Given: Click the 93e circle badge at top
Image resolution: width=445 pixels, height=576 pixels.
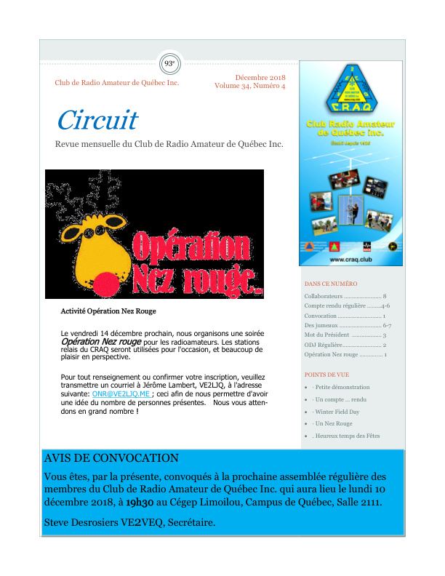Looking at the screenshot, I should pyautogui.click(x=170, y=64).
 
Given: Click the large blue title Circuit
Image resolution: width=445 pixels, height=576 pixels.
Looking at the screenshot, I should pyautogui.click(x=97, y=119).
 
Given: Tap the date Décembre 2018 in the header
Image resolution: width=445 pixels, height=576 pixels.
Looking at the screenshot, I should pyautogui.click(x=260, y=77).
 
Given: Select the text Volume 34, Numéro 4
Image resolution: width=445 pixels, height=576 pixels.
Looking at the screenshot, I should pyautogui.click(x=250, y=86).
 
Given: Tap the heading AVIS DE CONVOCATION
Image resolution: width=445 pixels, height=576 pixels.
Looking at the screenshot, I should pyautogui.click(x=111, y=458).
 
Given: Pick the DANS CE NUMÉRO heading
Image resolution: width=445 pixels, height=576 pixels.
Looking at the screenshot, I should pyautogui.click(x=331, y=284).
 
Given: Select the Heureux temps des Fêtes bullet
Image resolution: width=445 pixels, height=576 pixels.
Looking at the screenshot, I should pyautogui.click(x=348, y=436).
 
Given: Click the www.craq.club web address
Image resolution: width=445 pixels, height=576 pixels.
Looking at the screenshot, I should pyautogui.click(x=346, y=258).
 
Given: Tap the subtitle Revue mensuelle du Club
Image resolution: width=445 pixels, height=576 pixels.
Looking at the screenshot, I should pyautogui.click(x=169, y=144).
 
